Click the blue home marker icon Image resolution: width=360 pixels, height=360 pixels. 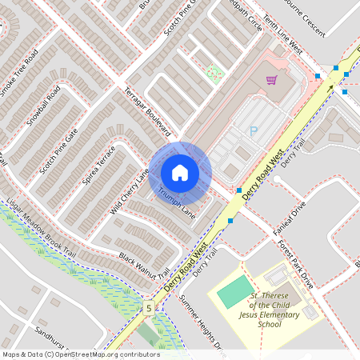point(180,172)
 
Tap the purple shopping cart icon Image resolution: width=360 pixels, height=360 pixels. point(271,80)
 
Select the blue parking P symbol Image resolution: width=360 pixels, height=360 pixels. point(254,131)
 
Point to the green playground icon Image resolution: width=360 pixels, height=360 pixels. point(213,72)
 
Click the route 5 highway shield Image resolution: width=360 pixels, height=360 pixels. point(148,308)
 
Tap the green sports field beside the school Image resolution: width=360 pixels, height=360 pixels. point(234,290)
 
